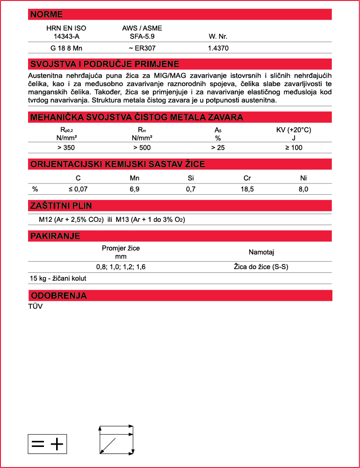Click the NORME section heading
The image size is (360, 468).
click(x=47, y=15)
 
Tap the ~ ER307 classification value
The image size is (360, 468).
click(x=142, y=48)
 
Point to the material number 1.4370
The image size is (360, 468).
click(x=218, y=48)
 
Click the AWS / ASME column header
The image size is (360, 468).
click(x=142, y=28)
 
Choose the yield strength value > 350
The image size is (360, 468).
click(x=66, y=148)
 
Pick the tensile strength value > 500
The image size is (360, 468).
click(x=142, y=148)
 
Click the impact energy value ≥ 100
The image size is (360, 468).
click(x=294, y=148)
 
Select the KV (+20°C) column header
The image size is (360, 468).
click(x=294, y=130)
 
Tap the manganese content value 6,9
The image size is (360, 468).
click(x=134, y=189)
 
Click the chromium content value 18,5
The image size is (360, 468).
click(x=248, y=189)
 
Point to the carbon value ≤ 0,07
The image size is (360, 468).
click(x=78, y=189)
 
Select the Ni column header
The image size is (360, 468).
click(x=303, y=178)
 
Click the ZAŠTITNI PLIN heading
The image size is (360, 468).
click(x=61, y=206)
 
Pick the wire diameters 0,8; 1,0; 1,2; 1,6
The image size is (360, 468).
click(x=121, y=267)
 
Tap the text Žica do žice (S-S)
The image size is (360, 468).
click(x=261, y=267)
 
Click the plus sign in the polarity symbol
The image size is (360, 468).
click(x=57, y=444)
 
